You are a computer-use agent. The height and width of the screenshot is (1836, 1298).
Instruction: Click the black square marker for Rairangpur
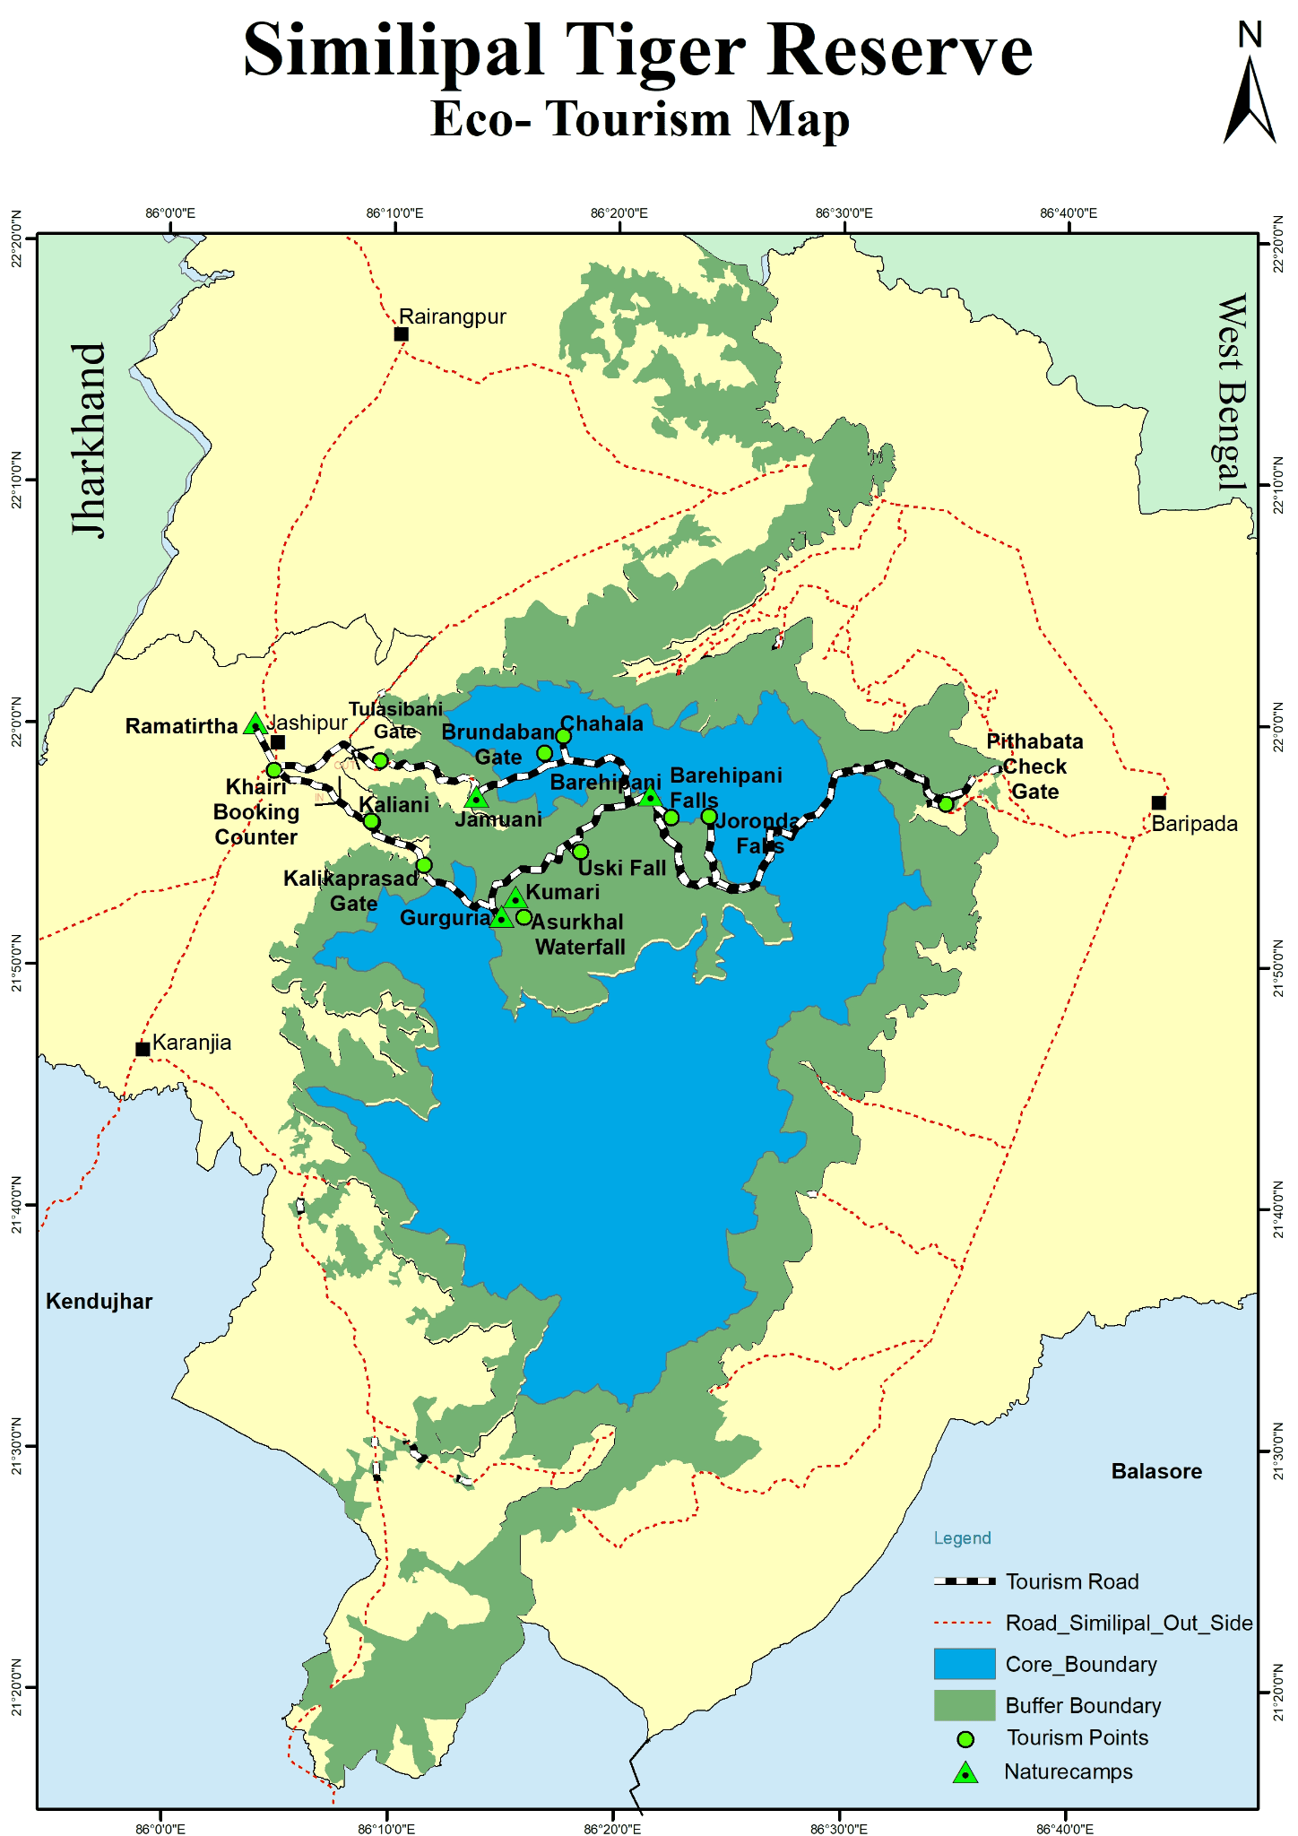coord(402,334)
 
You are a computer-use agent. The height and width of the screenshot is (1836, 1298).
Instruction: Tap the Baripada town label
coord(1194,824)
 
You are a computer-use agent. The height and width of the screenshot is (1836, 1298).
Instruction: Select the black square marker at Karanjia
coord(143,1049)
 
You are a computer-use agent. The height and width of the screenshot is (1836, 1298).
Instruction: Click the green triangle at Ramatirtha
coord(255,724)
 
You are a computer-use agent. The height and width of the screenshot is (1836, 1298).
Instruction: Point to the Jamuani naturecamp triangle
coord(477,797)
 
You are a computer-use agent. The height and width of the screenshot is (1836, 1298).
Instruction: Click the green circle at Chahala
coord(563,736)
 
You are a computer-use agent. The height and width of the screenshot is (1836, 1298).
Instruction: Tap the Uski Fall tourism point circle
coord(581,851)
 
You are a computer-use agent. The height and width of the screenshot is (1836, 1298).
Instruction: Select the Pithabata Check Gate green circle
coord(946,803)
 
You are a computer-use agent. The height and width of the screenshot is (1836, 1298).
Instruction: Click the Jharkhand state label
coord(90,439)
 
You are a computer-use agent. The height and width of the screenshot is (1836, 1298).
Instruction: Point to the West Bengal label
coord(1232,392)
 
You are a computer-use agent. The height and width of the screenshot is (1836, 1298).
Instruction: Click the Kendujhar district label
coord(100,1302)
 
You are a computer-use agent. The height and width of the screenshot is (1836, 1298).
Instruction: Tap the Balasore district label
coord(1156,1471)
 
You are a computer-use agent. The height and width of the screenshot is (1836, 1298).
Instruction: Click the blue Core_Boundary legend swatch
coord(965,1663)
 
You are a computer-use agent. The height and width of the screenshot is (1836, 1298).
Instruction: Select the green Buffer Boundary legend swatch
coord(965,1704)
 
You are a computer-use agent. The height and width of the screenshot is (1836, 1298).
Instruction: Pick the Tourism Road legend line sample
coord(965,1581)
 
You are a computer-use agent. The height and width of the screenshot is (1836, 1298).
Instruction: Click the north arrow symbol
coord(1250,99)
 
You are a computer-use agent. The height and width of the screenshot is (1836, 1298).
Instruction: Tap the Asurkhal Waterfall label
coord(579,934)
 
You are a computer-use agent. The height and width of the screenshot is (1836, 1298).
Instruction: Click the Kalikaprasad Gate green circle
coord(424,865)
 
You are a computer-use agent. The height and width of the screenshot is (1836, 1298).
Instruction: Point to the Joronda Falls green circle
coord(709,816)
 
